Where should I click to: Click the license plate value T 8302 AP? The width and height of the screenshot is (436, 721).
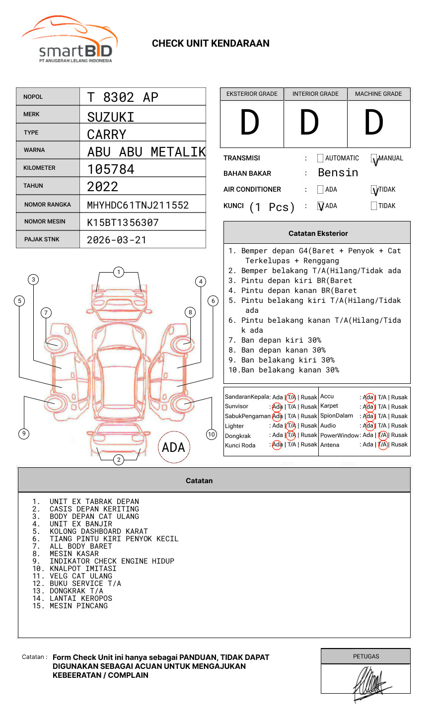pos(123,97)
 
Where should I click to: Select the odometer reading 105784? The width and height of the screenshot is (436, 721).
pos(111,169)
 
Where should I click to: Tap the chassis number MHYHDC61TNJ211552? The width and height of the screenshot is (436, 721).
pos(138,205)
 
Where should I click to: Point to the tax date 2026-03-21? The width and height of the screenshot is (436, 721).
pos(117,240)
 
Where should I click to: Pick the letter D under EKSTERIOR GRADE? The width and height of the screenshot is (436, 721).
pos(250,123)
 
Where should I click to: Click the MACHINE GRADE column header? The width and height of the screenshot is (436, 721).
pos(378,94)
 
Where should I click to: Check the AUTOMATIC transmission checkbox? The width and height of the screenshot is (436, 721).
pos(320,158)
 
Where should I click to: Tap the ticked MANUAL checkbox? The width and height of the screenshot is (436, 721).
pos(374,159)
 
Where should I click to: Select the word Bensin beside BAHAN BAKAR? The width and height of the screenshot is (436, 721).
pos(338,173)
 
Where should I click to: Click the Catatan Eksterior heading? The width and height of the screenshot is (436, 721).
pos(318,233)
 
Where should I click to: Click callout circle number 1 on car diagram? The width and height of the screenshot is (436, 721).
pos(119,272)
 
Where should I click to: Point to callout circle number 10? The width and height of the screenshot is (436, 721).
pos(212,434)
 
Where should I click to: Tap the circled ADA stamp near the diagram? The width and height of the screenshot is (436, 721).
pos(173,447)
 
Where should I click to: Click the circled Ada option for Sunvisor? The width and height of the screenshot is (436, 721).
pos(277,407)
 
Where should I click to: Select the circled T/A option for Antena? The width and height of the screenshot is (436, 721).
pos(382,445)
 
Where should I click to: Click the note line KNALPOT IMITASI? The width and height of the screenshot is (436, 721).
pos(83,569)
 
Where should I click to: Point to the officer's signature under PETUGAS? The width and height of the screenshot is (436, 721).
pos(370,684)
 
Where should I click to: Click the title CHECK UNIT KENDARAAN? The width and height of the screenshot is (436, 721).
pos(211,44)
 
